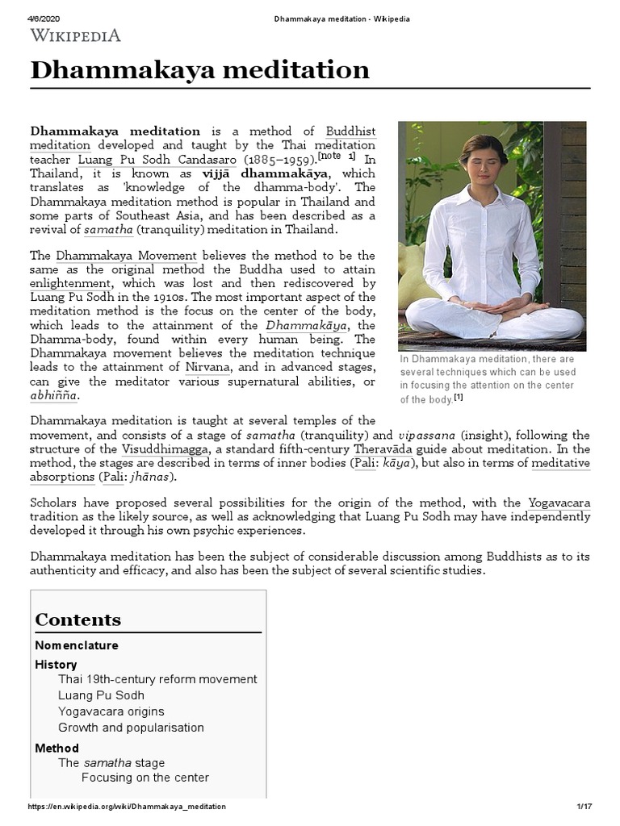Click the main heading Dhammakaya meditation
[x=199, y=70]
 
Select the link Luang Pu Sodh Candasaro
[x=159, y=160]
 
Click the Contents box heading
[x=77, y=619]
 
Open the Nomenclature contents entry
[x=77, y=645]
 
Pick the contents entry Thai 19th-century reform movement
[x=157, y=679]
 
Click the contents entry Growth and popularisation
[x=131, y=728]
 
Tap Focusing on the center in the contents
[x=145, y=778]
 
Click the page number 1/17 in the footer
[x=584, y=807]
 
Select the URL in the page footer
[x=127, y=807]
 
